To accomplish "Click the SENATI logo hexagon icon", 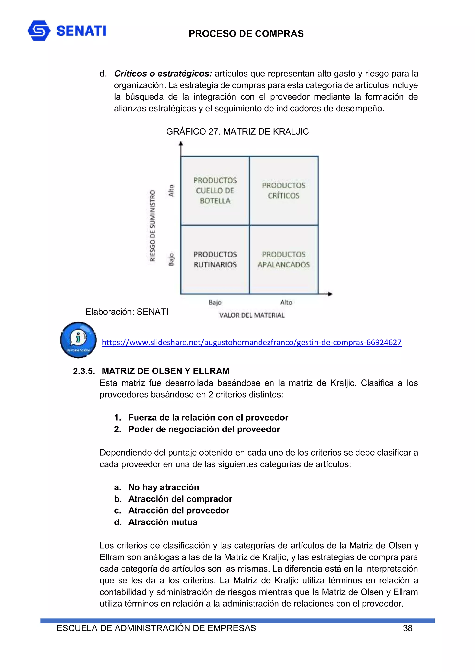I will coord(39,30).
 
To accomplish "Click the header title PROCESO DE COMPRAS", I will coord(246,34).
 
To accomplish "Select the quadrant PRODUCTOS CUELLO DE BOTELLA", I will coord(215,190).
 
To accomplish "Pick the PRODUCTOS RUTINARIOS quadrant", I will coord(215,259).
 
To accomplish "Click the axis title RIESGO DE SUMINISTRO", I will coord(152,226).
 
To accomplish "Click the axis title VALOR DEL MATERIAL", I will coord(252,315).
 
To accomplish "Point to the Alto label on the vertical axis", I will coord(171,190).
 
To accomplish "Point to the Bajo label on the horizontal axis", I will coord(215,302).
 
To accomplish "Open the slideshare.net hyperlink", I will coord(251,342).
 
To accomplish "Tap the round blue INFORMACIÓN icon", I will coord(78,340).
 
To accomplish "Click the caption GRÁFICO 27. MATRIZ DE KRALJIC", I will coord(237,132).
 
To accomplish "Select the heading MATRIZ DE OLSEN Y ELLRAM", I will coord(165,371).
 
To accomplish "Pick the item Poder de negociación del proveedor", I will coord(204,429).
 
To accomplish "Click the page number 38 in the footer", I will coord(408,628).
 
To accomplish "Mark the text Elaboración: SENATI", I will coord(127,312).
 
